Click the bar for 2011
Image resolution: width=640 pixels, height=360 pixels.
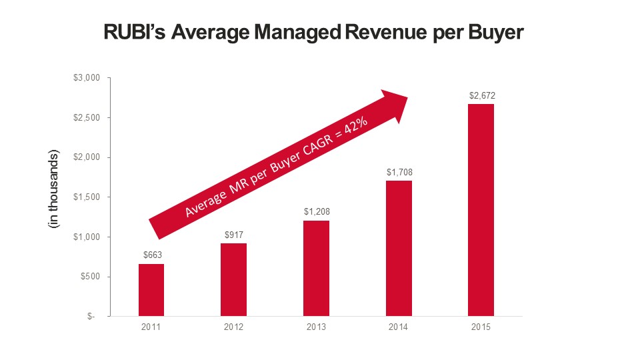click(x=151, y=290)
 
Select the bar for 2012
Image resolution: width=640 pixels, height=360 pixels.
click(x=233, y=280)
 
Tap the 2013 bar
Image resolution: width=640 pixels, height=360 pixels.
click(x=316, y=268)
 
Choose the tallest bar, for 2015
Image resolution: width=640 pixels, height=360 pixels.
click(x=481, y=210)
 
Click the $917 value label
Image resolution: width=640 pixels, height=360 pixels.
click(x=234, y=235)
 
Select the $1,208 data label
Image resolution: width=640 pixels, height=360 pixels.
click(x=317, y=212)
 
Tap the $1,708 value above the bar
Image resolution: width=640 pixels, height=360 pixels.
click(x=399, y=172)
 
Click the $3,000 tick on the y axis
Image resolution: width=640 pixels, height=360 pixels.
click(x=86, y=78)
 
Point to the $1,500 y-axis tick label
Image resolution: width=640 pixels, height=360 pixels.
click(x=86, y=197)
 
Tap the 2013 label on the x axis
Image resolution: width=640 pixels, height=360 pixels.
click(x=317, y=328)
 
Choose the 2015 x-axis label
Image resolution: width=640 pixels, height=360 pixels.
click(x=481, y=328)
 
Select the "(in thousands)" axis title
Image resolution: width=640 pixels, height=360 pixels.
click(x=53, y=190)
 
